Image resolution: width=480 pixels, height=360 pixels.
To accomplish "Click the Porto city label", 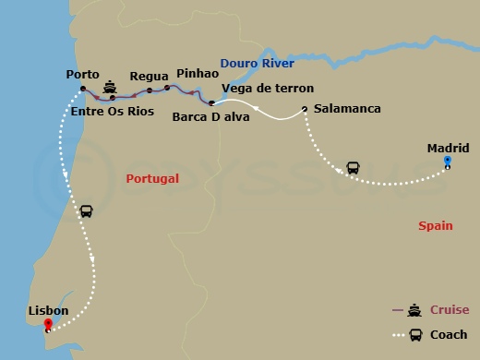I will pyautogui.click(x=83, y=75).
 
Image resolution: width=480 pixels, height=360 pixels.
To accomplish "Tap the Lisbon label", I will pyautogui.click(x=48, y=311).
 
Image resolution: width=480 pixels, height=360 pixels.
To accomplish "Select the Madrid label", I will pyautogui.click(x=448, y=148).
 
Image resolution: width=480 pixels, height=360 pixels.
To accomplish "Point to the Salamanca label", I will pyautogui.click(x=347, y=109).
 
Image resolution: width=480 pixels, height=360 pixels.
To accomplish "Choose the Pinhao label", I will pyautogui.click(x=197, y=72).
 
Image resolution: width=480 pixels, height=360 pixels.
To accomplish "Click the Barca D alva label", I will pyautogui.click(x=205, y=117).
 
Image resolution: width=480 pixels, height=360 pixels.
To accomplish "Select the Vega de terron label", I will pyautogui.click(x=261, y=88).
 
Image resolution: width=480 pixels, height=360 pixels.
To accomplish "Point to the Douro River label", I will pyautogui.click(x=257, y=63).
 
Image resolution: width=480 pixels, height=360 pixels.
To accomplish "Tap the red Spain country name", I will pyautogui.click(x=435, y=224).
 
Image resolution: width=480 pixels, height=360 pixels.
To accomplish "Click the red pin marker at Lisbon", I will pyautogui.click(x=61, y=325).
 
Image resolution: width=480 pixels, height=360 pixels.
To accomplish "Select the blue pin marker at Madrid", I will pyautogui.click(x=447, y=162).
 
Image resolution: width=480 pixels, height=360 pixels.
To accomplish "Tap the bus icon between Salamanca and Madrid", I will pyautogui.click(x=354, y=168).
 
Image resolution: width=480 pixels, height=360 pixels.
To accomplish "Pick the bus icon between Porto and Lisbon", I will pyautogui.click(x=86, y=211).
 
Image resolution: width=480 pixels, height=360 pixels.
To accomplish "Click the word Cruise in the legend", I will pyautogui.click(x=450, y=310).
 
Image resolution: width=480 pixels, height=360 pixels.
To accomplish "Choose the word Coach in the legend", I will pyautogui.click(x=450, y=334).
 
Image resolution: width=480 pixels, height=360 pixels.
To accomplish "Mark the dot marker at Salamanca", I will pyautogui.click(x=304, y=110).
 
